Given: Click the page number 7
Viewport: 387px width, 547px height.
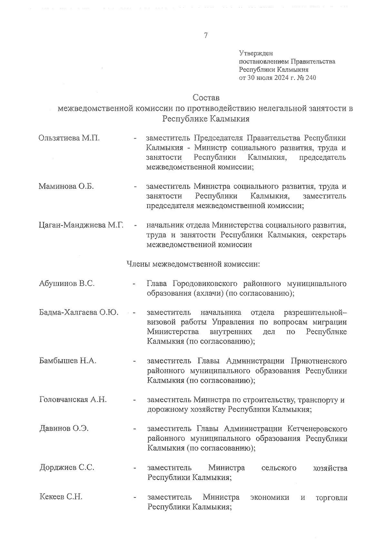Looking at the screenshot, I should pyautogui.click(x=206, y=36).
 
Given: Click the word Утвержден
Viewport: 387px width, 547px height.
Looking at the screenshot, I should pyautogui.click(x=256, y=53).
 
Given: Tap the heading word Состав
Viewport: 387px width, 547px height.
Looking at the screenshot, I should pyautogui.click(x=206, y=97).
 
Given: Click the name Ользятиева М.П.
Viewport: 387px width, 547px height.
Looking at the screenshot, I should pyautogui.click(x=69, y=138).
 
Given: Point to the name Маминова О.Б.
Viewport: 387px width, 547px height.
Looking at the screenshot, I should pyautogui.click(x=66, y=186).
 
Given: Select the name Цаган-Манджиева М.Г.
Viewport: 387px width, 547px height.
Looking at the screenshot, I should pyautogui.click(x=81, y=225).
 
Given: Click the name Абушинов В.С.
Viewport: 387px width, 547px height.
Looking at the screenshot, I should pyautogui.click(x=67, y=284).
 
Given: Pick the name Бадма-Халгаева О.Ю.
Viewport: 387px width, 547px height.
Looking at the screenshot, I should pyautogui.click(x=79, y=312).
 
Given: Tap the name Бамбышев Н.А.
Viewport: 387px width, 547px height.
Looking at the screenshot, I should pyautogui.click(x=68, y=361).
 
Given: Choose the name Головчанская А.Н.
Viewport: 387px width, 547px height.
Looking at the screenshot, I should pyautogui.click(x=73, y=400).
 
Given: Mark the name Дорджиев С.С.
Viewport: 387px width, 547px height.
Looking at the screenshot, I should pyautogui.click(x=67, y=467).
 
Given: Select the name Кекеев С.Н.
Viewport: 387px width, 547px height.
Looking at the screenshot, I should pyautogui.click(x=61, y=497).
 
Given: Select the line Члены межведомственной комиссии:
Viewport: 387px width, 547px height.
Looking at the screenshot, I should pyautogui.click(x=193, y=264).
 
